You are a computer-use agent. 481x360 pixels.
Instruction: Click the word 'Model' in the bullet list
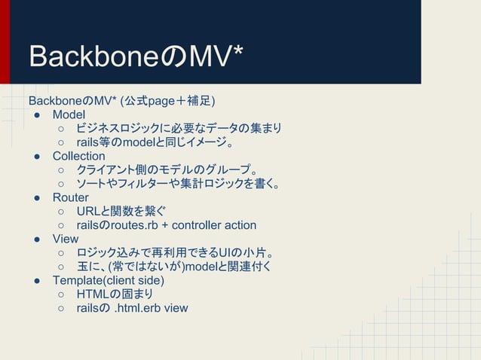[x=69, y=114]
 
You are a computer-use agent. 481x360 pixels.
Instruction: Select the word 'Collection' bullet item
[x=78, y=156]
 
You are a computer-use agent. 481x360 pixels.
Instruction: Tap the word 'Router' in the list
[x=70, y=197]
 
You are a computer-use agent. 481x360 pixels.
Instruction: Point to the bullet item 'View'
[x=66, y=239]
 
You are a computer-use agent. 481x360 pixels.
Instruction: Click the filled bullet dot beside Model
[x=35, y=114]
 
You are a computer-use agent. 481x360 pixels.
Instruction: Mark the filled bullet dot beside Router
[x=35, y=197]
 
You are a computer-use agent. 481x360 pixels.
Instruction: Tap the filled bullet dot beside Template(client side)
[x=35, y=280]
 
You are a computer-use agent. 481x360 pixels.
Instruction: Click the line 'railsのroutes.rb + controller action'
[x=166, y=225]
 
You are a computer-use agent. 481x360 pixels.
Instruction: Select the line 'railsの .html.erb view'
[x=132, y=308]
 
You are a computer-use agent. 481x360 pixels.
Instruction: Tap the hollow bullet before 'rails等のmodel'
[x=60, y=142]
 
